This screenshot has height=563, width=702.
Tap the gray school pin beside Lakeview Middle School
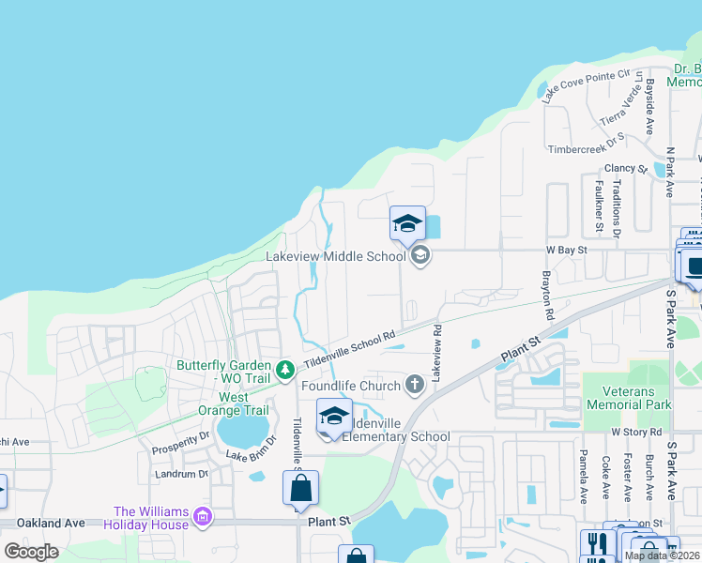click(420, 254)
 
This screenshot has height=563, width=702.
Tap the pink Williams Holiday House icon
click(202, 516)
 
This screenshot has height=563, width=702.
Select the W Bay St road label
click(566, 251)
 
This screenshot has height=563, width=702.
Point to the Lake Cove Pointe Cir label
click(588, 83)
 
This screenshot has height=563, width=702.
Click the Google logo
click(31, 552)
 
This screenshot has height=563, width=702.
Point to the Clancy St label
click(626, 169)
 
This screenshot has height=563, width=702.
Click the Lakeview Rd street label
click(436, 351)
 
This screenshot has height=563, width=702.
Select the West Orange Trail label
click(231, 403)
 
